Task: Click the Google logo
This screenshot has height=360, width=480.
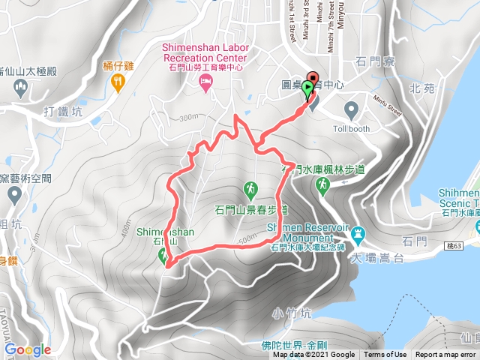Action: coord(28,349)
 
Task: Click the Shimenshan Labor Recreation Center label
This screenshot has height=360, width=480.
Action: coord(204,52)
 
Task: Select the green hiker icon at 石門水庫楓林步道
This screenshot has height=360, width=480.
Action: coord(324,184)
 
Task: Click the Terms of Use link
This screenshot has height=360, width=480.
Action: coord(385,355)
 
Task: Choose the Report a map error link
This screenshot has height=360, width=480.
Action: coord(445,355)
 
